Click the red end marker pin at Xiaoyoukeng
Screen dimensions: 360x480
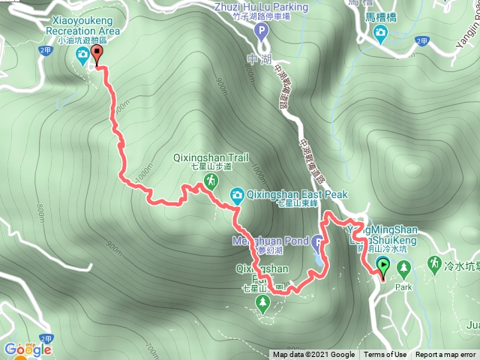[x=97, y=53]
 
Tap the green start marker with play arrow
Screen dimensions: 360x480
[x=383, y=265]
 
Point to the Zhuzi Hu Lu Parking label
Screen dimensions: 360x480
[x=260, y=7]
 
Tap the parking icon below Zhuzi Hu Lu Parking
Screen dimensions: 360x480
[x=261, y=31]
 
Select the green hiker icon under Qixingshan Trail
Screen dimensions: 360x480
[x=212, y=181]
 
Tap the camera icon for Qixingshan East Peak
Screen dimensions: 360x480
[x=236, y=195]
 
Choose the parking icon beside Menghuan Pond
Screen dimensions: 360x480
[x=317, y=242]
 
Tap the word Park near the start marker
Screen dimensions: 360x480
[x=405, y=286]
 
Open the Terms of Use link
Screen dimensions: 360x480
[x=385, y=355]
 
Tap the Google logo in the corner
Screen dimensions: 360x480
[x=27, y=349]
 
